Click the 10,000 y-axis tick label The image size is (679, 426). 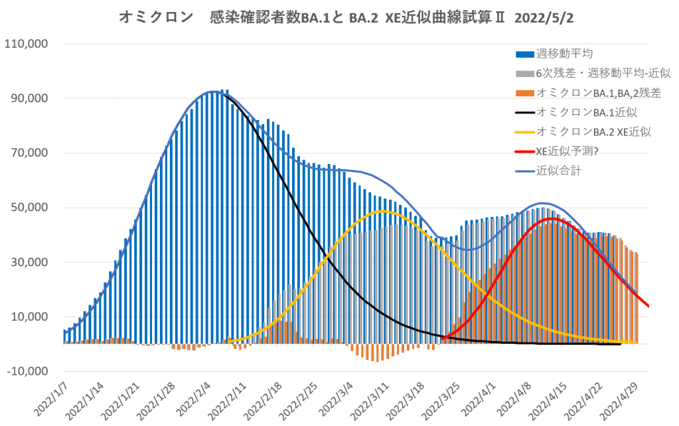[29, 317]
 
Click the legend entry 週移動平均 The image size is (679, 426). [564, 54]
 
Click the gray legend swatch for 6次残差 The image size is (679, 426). [524, 74]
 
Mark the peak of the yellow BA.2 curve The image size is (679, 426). [382, 211]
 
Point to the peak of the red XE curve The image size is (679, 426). [553, 218]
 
